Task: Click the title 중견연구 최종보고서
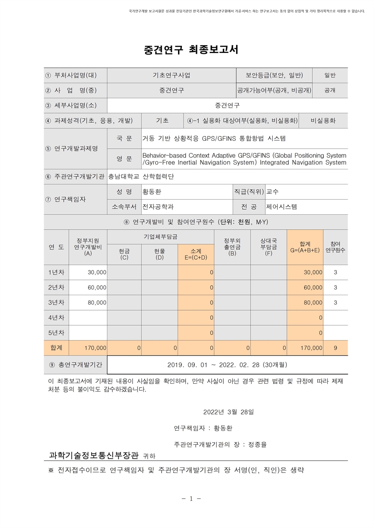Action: (x=191, y=50)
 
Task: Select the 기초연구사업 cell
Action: (x=171, y=75)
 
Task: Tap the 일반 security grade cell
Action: (x=330, y=75)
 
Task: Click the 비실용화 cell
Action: (x=323, y=121)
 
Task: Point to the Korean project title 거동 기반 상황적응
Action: (x=214, y=139)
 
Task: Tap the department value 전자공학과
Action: (x=158, y=206)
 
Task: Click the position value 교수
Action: (x=273, y=192)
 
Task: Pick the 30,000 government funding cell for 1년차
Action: (x=97, y=272)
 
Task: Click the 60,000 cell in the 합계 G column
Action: (x=313, y=287)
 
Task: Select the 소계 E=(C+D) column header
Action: (x=196, y=253)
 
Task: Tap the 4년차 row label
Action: (x=56, y=317)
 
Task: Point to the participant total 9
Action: (x=336, y=348)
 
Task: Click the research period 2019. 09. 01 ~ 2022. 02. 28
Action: (x=227, y=365)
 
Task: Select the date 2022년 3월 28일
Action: (x=228, y=412)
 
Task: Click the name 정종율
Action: (x=257, y=444)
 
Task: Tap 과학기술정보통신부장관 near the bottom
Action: (x=94, y=455)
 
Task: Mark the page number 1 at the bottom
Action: (x=191, y=499)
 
